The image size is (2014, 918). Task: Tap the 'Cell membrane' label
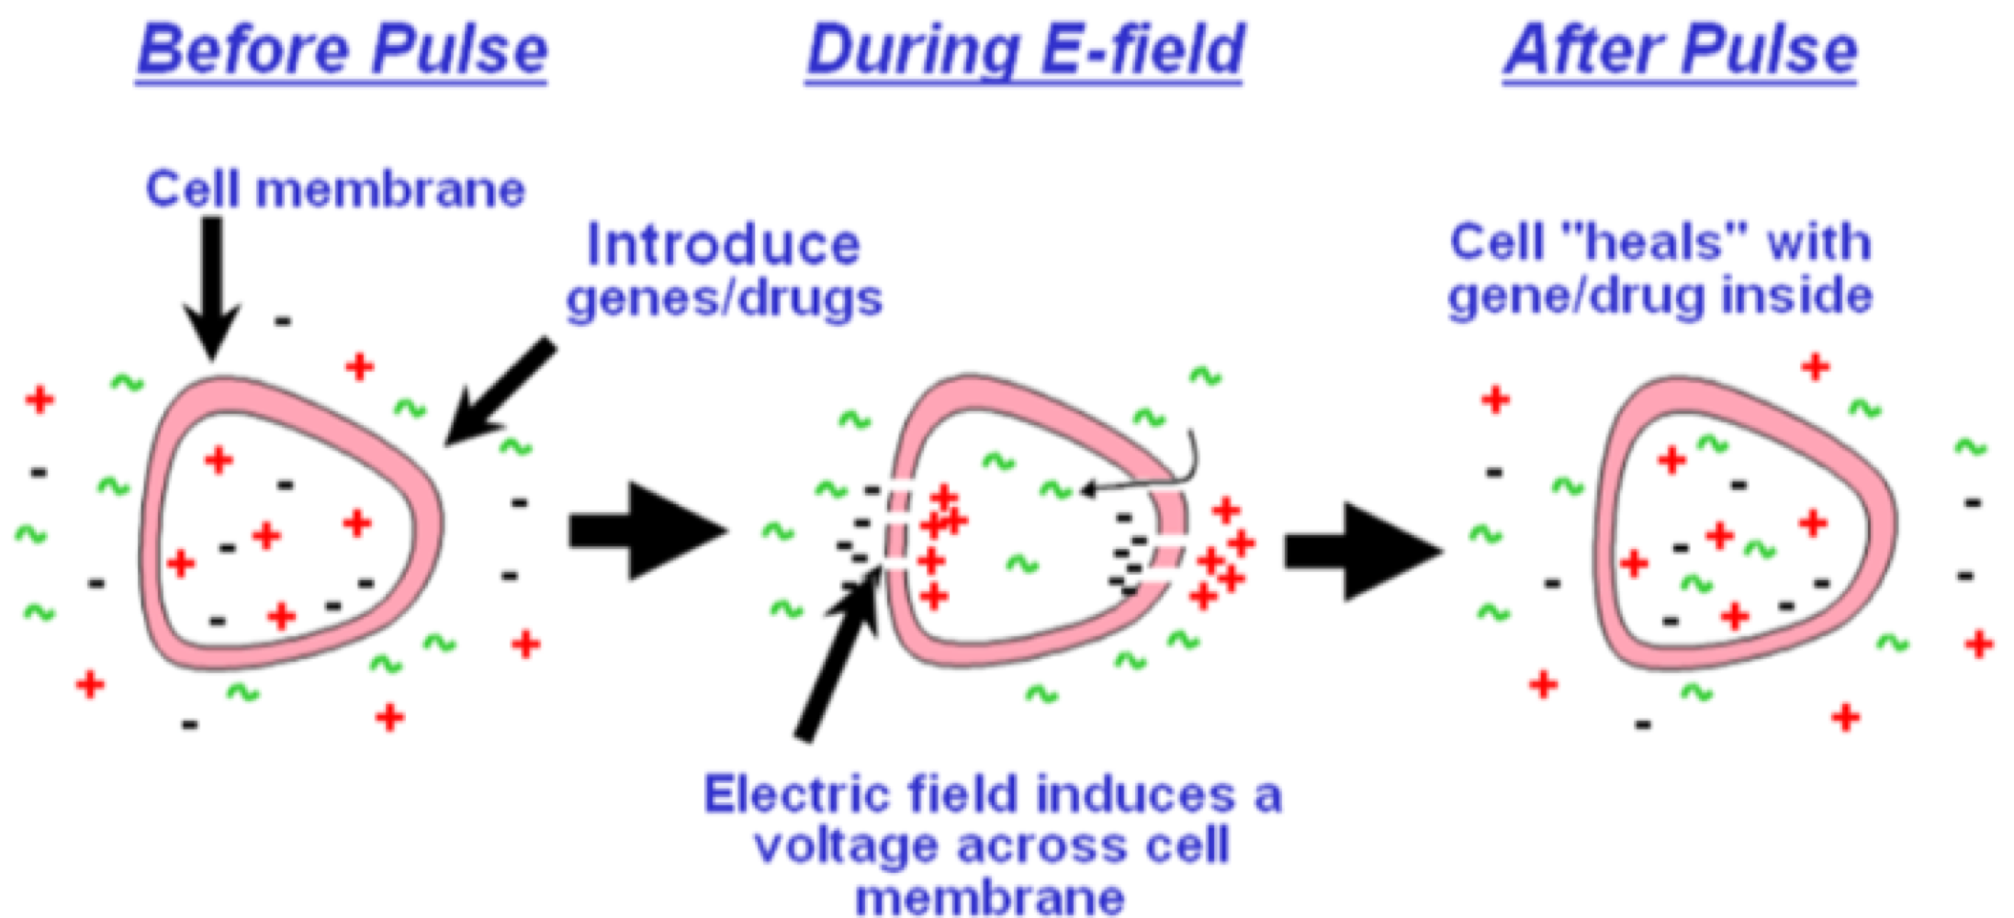pyautogui.click(x=335, y=190)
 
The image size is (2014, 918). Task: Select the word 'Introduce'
pyautogui.click(x=724, y=245)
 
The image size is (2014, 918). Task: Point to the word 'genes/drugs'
pyautogui.click(x=724, y=299)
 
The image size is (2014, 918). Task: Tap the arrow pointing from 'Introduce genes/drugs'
pyautogui.click(x=501, y=393)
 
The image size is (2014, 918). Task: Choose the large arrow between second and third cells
pyautogui.click(x=1361, y=551)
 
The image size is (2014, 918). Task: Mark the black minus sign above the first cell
pyautogui.click(x=283, y=321)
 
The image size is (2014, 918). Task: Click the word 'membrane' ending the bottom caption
pyautogui.click(x=990, y=898)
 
